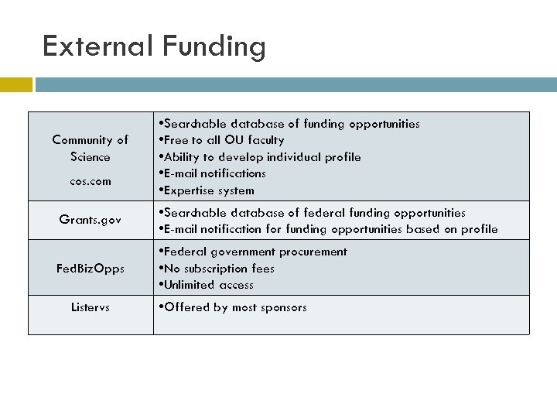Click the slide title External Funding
tap(154, 46)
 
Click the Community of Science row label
tap(91, 149)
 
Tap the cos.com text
tap(91, 181)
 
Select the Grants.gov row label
tap(91, 220)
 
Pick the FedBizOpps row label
tap(91, 269)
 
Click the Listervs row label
tap(91, 307)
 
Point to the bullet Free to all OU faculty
tap(220, 140)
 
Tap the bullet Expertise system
tap(205, 190)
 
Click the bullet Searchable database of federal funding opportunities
tap(311, 212)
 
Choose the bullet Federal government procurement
tap(252, 252)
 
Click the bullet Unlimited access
tap(205, 285)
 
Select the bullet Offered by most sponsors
tap(231, 307)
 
